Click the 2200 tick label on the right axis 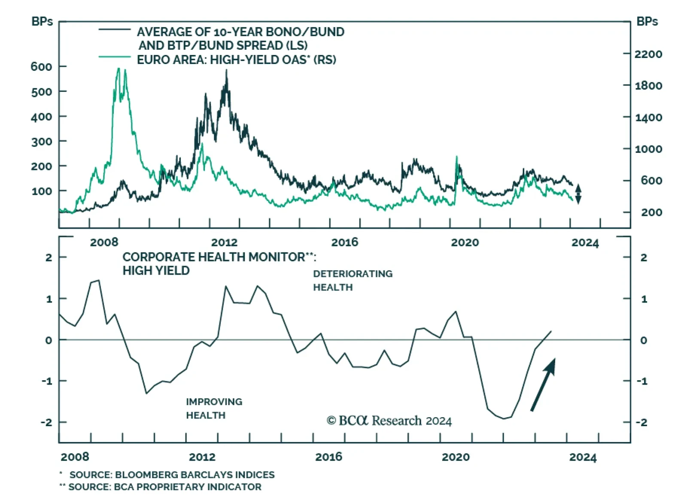point(648,54)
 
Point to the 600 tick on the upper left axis point(41,67)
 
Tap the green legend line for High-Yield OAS point(114,57)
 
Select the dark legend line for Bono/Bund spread point(114,29)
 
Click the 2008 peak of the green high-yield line point(119,69)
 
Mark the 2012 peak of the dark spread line point(226,71)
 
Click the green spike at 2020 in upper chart point(456,157)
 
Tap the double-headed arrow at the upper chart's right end point(578,194)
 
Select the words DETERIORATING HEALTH point(353,280)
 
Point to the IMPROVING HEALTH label point(214,408)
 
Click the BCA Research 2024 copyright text point(389,421)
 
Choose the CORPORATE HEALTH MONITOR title point(219,263)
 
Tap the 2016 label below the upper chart point(344,242)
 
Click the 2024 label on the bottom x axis point(583,457)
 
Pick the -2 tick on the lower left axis point(46,422)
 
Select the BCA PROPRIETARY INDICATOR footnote point(165,487)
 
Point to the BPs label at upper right point(647,21)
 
